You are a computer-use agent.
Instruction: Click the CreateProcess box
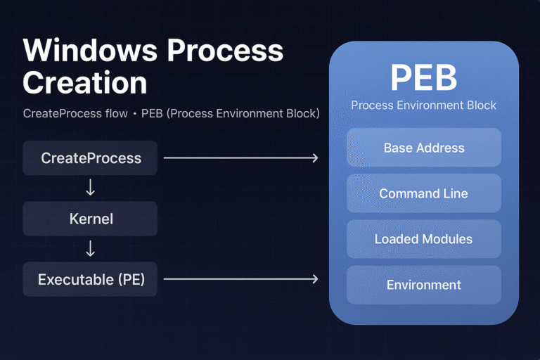click(91, 158)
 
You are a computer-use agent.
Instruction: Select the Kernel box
click(91, 219)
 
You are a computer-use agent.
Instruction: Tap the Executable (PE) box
click(91, 279)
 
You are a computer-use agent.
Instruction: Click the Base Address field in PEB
click(423, 148)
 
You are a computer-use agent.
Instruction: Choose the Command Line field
click(423, 193)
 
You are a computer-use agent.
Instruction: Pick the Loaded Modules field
click(423, 239)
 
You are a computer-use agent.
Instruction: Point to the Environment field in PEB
click(423, 285)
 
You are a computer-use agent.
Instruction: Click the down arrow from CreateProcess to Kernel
click(91, 188)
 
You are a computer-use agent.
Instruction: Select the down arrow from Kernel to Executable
click(91, 249)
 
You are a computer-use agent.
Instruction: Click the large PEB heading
click(423, 78)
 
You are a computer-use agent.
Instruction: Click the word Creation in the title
click(85, 83)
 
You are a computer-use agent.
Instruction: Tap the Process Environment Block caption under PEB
click(423, 105)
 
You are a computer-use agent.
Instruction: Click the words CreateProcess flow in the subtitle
click(76, 113)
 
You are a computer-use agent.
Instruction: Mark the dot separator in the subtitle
click(134, 113)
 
